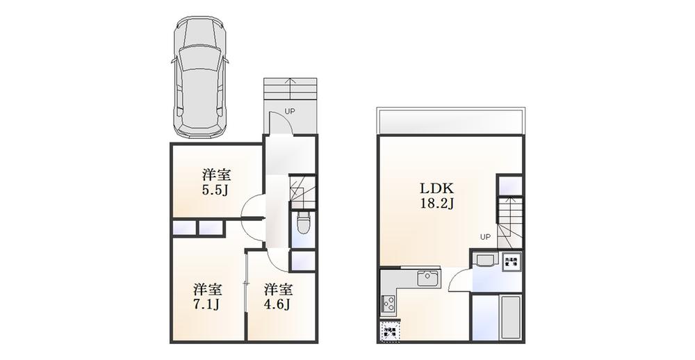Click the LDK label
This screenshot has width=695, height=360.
pos(436,188)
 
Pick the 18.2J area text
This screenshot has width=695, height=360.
pos(436,204)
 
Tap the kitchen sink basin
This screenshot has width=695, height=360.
pos(427,280)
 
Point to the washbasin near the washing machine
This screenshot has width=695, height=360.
pos(483,262)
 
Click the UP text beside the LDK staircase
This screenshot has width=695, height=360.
pos(484,237)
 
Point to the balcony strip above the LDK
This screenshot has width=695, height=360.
pos(450,122)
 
